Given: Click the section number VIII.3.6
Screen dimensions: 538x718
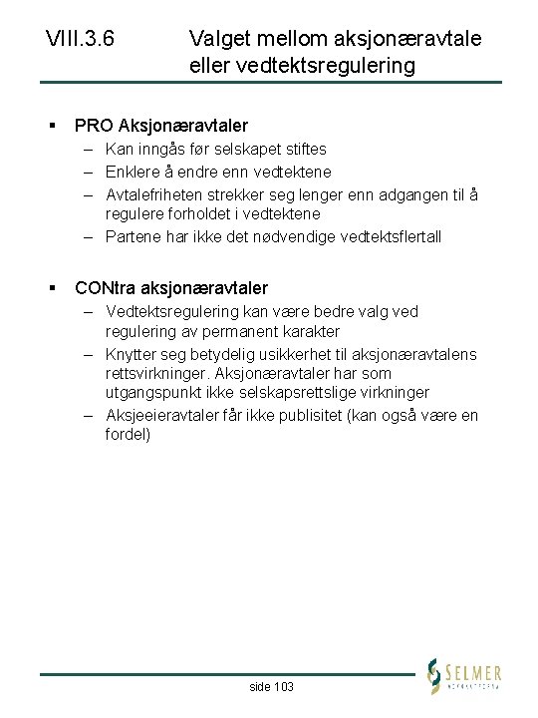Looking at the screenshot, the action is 80,40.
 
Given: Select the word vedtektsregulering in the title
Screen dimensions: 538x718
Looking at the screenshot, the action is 318,66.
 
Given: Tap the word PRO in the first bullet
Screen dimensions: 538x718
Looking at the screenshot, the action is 94,126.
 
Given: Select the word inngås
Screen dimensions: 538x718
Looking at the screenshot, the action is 161,149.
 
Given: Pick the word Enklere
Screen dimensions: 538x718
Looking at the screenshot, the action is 134,171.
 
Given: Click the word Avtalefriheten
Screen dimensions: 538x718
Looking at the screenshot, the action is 152,193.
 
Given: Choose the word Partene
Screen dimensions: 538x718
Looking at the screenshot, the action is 132,236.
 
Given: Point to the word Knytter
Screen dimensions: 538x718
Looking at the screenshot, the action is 132,354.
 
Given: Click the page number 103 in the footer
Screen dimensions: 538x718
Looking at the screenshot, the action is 282,687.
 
